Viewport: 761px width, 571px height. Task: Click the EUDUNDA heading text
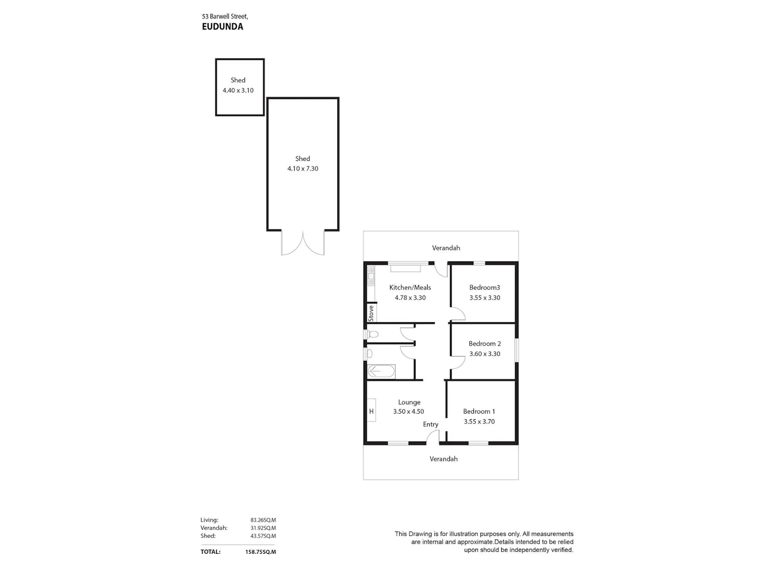point(222,27)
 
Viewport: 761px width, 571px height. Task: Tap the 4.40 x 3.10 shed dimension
point(238,90)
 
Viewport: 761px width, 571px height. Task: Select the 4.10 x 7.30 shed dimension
point(303,169)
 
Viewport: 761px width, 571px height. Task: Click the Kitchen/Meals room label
point(410,287)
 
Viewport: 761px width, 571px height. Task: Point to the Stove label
point(371,313)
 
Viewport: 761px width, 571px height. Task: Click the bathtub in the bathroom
point(382,372)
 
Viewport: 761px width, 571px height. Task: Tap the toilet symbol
point(372,334)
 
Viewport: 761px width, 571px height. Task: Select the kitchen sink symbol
point(371,276)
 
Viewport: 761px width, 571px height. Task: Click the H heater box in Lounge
point(371,411)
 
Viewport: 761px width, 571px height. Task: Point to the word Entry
point(431,425)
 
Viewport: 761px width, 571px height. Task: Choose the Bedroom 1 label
point(479,412)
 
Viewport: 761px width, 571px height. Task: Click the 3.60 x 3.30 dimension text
point(485,354)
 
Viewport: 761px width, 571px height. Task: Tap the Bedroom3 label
point(485,287)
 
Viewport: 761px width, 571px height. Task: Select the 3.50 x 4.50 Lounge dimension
point(408,412)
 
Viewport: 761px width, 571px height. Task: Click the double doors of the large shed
point(303,243)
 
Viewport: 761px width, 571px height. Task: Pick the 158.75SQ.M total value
point(260,552)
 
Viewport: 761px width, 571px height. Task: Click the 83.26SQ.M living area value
point(263,520)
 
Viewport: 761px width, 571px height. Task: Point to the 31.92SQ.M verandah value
point(263,528)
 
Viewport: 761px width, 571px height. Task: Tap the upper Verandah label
point(446,248)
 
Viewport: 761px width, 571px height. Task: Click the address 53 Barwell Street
point(225,16)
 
